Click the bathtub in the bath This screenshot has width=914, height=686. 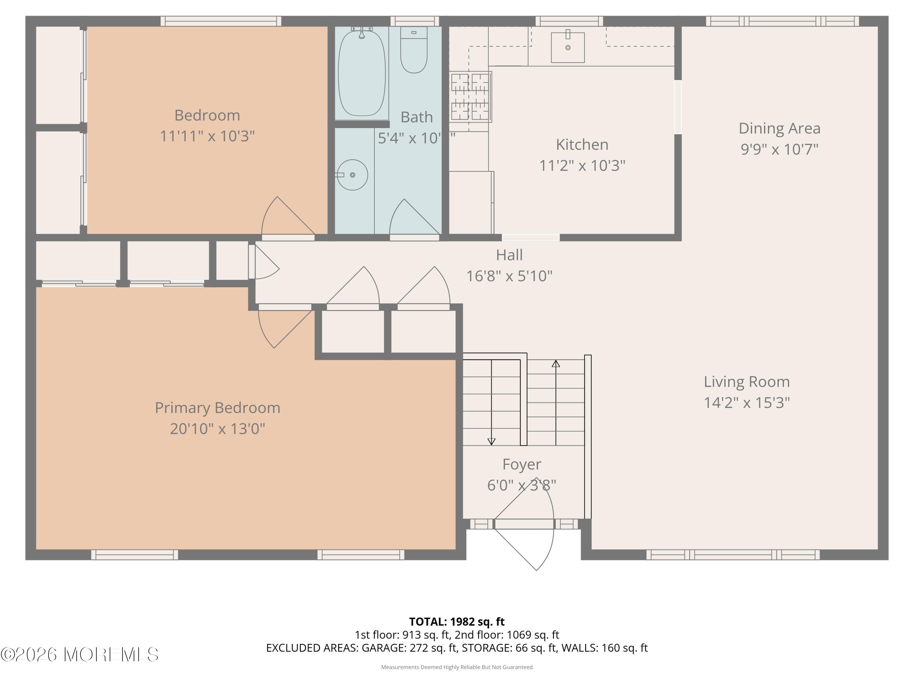click(362, 73)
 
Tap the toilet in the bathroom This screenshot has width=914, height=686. click(414, 52)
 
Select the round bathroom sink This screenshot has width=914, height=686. click(352, 175)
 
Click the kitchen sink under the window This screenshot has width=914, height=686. click(568, 48)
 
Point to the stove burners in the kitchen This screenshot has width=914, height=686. click(470, 97)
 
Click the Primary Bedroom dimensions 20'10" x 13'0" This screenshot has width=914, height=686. click(217, 429)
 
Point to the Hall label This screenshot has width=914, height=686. click(509, 255)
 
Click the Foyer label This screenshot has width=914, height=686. click(522, 464)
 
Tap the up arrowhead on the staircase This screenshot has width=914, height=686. click(556, 364)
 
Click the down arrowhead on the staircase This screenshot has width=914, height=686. click(491, 441)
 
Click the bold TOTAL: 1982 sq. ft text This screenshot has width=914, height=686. click(457, 621)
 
